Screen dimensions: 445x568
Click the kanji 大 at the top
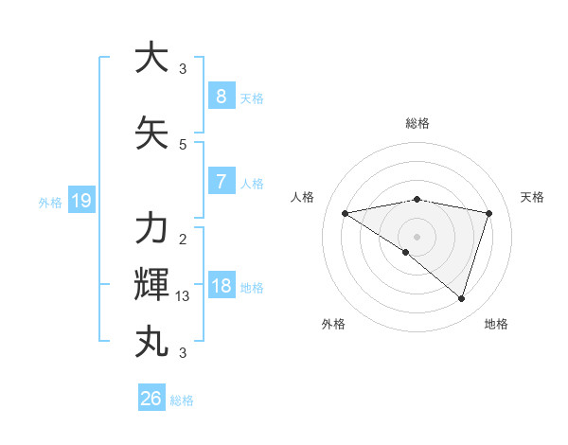click(151, 59)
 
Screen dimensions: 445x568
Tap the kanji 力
click(151, 228)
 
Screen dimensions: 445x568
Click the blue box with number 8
click(221, 96)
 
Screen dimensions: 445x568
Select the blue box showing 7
click(221, 182)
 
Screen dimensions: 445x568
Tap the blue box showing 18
click(221, 286)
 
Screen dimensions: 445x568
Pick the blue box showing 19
click(80, 201)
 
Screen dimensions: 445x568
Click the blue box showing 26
click(151, 399)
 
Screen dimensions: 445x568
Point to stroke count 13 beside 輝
click(183, 296)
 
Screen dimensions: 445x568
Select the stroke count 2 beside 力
click(183, 239)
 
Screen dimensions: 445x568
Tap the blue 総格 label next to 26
click(182, 400)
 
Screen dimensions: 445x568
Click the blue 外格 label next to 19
click(50, 202)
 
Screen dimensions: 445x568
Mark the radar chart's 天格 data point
click(488, 214)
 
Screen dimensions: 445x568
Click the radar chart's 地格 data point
click(461, 299)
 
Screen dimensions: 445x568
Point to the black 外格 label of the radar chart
click(333, 324)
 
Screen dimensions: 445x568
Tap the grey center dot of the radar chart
click(417, 235)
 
